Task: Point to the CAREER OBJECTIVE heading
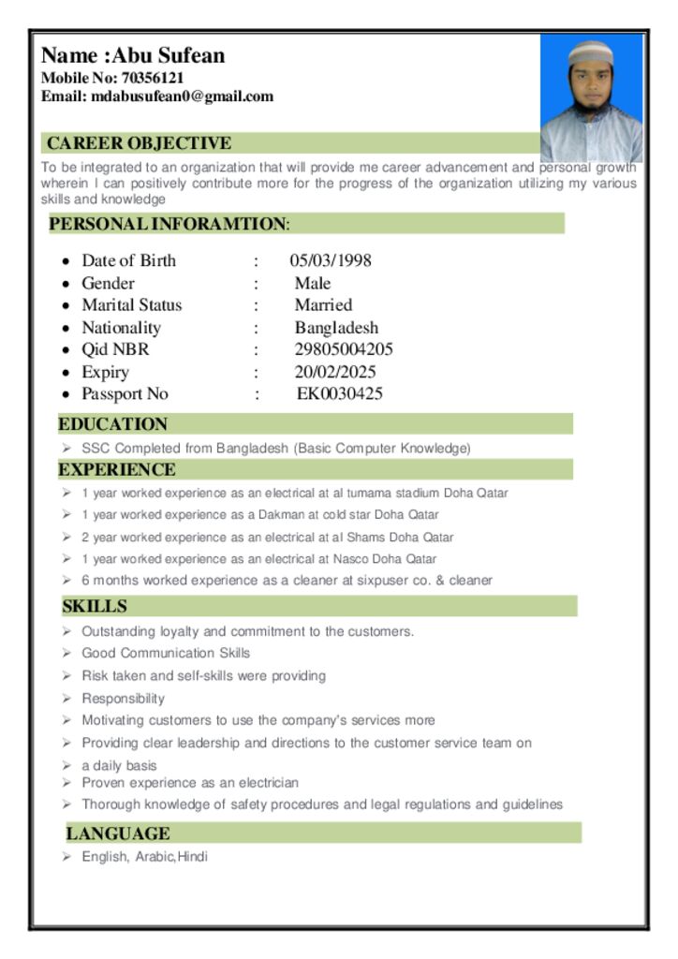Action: pyautogui.click(x=139, y=143)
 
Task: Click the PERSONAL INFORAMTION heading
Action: pyautogui.click(x=169, y=224)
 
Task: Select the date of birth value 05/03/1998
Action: pyautogui.click(x=330, y=260)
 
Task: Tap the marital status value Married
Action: pyautogui.click(x=323, y=305)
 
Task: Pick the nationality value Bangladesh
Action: pyautogui.click(x=336, y=328)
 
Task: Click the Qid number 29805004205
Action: pyautogui.click(x=344, y=350)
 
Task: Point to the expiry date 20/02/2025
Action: pyautogui.click(x=334, y=373)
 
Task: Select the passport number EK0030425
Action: pyautogui.click(x=339, y=394)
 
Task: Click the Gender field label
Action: pyautogui.click(x=108, y=283)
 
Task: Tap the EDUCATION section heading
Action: pyautogui.click(x=112, y=424)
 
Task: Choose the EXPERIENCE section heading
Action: pyautogui.click(x=117, y=469)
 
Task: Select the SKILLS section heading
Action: pyautogui.click(x=95, y=607)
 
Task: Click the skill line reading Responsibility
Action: pyautogui.click(x=123, y=699)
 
